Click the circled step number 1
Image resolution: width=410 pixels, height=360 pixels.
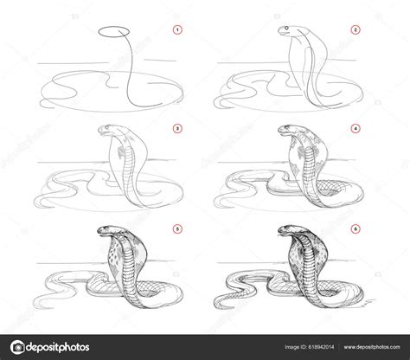176,31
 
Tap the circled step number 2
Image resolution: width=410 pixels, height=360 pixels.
355,31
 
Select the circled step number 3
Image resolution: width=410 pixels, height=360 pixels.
176,130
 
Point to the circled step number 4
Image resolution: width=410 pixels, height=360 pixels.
355,130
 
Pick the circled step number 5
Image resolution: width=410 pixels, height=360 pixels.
176,228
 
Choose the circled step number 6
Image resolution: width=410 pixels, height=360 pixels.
355,228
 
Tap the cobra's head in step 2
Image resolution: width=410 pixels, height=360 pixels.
289,33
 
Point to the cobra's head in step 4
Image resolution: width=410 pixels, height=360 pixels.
287,132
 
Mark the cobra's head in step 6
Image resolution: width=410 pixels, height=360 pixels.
287,232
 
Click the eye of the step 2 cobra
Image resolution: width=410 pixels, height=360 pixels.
285,32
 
